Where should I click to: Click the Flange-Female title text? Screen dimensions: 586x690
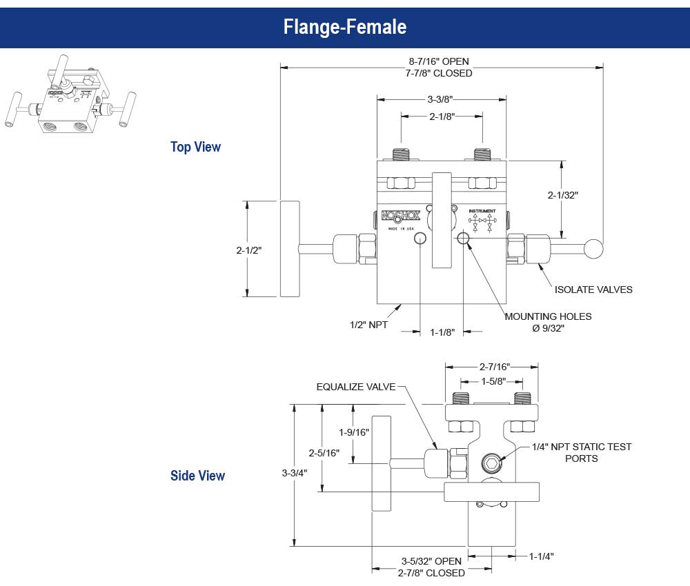[344, 27]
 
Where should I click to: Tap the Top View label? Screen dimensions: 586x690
[196, 147]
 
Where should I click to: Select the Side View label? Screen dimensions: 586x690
[197, 476]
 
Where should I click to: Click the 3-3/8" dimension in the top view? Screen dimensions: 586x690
[442, 99]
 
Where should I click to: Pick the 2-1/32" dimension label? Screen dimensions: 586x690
[563, 195]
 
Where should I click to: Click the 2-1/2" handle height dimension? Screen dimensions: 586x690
[248, 250]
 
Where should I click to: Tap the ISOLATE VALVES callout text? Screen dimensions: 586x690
[593, 290]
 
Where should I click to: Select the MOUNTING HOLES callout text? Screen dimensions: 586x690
[548, 317]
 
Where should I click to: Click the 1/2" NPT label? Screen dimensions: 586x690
[368, 324]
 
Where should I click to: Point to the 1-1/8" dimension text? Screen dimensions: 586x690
[442, 332]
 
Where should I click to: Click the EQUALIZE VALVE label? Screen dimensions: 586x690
[356, 387]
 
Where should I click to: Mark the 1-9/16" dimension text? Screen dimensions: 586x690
[354, 432]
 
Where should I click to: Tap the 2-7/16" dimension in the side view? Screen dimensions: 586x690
[491, 367]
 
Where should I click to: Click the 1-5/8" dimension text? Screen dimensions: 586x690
[491, 381]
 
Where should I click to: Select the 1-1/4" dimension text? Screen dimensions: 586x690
[542, 556]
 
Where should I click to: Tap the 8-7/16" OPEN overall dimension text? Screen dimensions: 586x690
[442, 61]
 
